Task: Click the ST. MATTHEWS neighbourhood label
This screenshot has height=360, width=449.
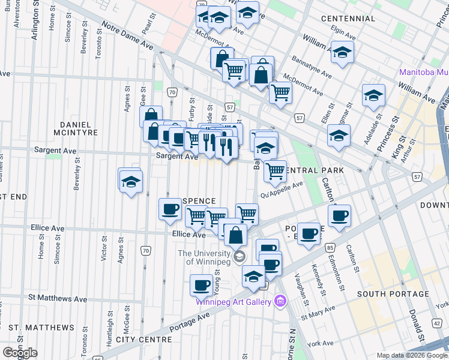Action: [x=42, y=328]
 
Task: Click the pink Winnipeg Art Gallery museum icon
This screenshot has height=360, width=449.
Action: [x=279, y=300]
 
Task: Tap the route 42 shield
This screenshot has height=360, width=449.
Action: [x=436, y=323]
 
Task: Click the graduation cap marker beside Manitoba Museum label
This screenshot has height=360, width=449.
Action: [x=373, y=95]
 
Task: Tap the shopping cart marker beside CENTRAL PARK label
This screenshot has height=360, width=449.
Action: [x=276, y=170]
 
